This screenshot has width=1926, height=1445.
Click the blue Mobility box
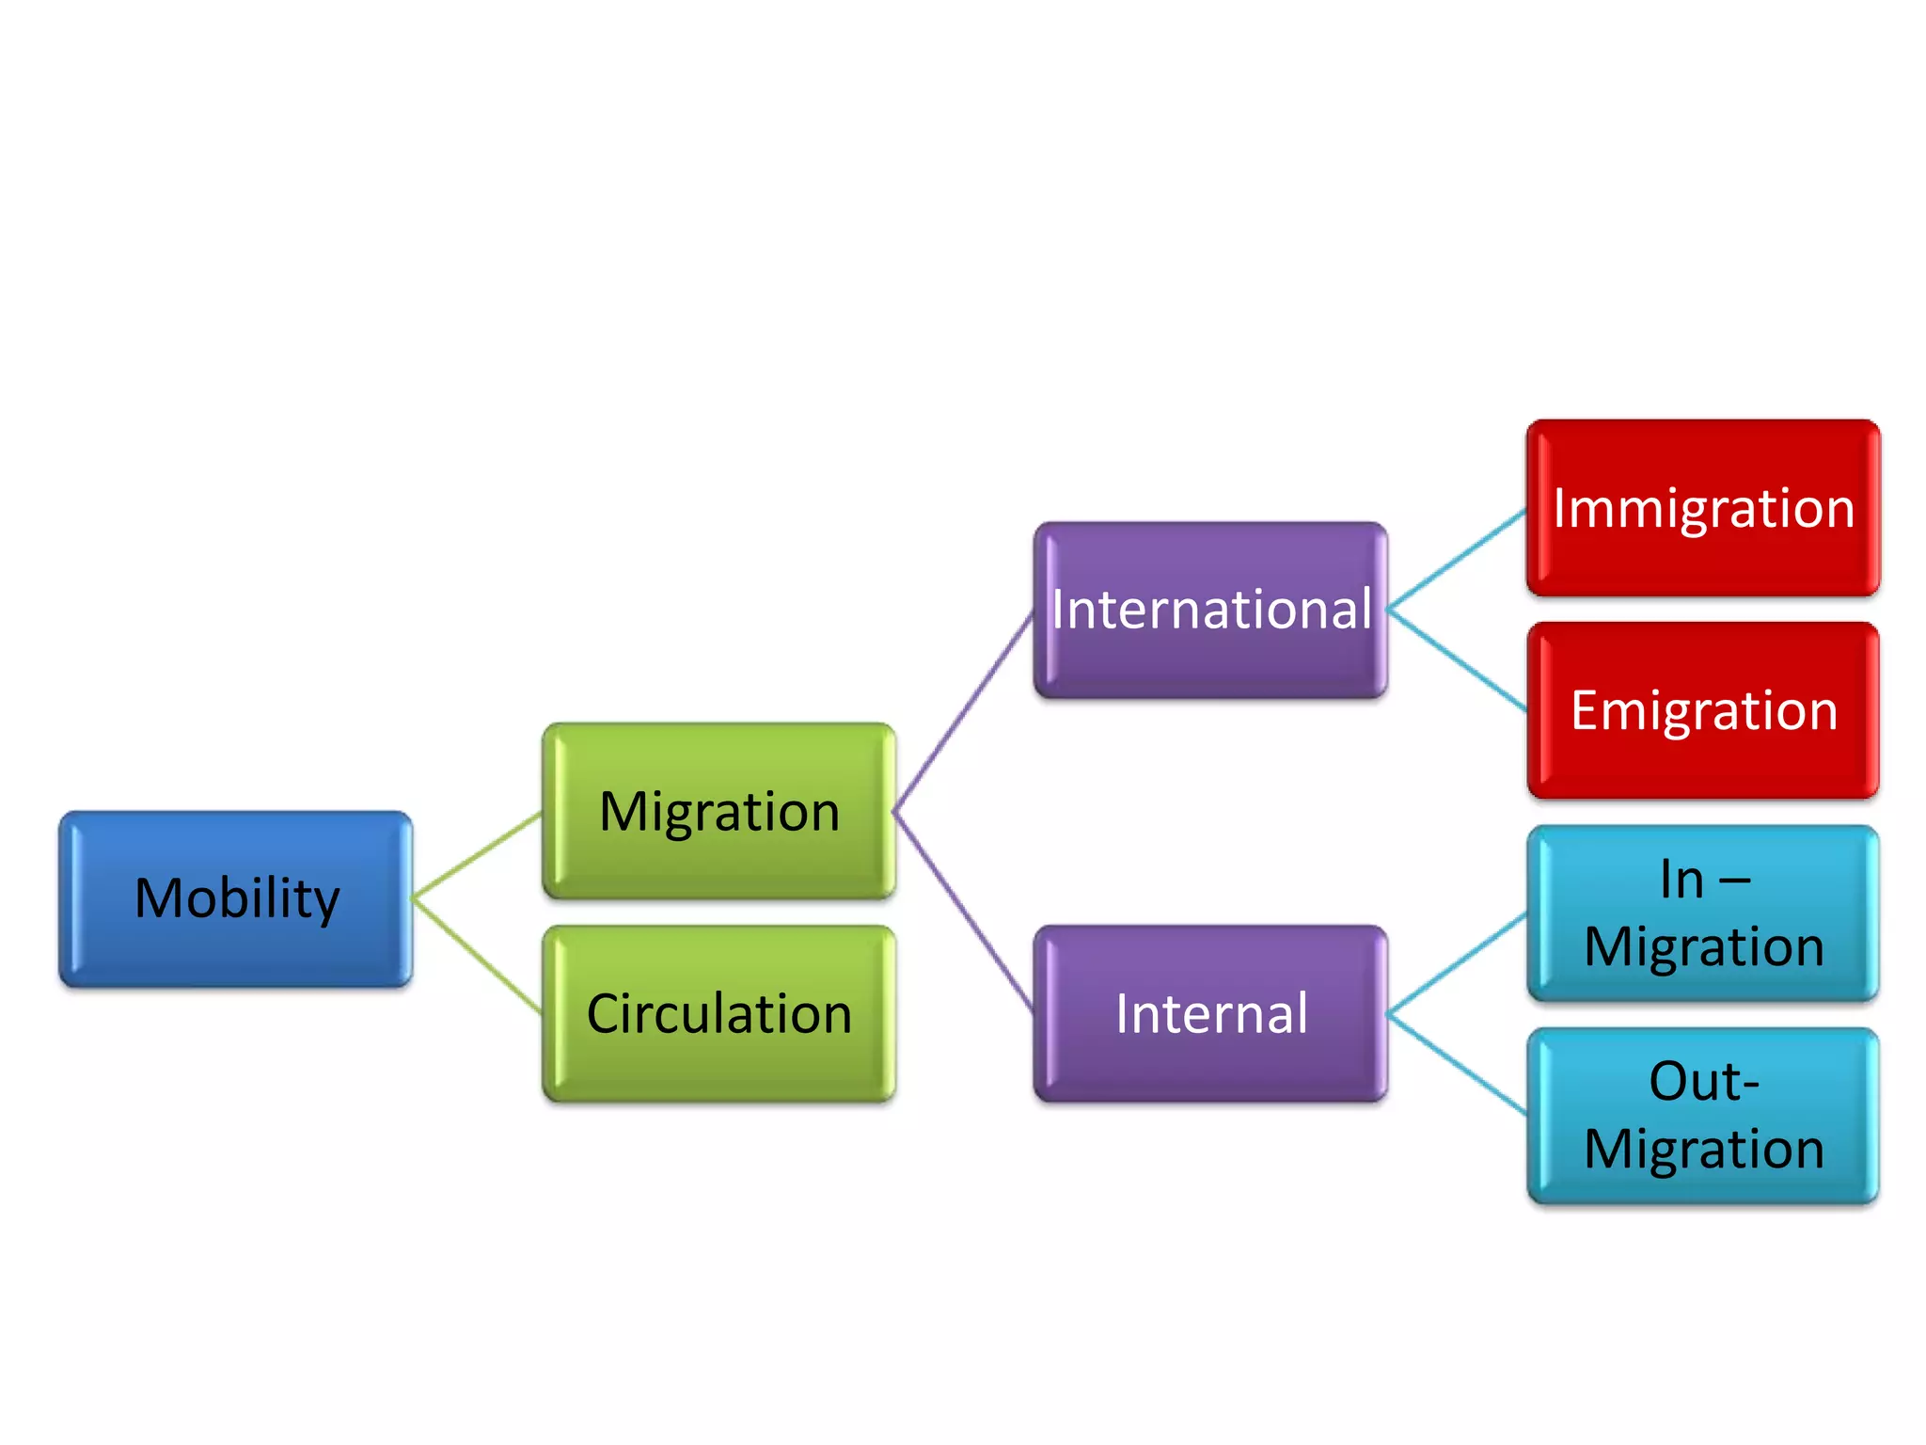click(236, 898)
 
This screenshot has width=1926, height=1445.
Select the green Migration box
click(719, 811)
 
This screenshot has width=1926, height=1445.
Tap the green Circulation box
click(719, 1013)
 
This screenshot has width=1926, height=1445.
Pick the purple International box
click(1211, 610)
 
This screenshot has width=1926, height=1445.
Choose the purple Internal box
click(1211, 1013)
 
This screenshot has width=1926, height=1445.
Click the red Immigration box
click(1703, 508)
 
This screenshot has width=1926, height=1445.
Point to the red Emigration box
click(1703, 710)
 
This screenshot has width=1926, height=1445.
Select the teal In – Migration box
click(1703, 913)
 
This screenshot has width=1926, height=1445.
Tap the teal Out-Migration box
click(1703, 1116)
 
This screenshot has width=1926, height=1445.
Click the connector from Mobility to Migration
click(478, 854)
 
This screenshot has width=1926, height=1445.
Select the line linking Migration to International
click(964, 711)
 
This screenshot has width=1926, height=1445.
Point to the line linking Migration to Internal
click(964, 913)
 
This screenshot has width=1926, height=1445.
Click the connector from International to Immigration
click(1457, 560)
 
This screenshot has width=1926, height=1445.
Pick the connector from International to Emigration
click(1457, 659)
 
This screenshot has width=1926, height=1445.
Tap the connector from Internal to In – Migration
click(1457, 964)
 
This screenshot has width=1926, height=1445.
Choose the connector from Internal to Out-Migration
click(1457, 1064)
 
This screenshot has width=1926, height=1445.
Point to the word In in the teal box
click(1681, 881)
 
